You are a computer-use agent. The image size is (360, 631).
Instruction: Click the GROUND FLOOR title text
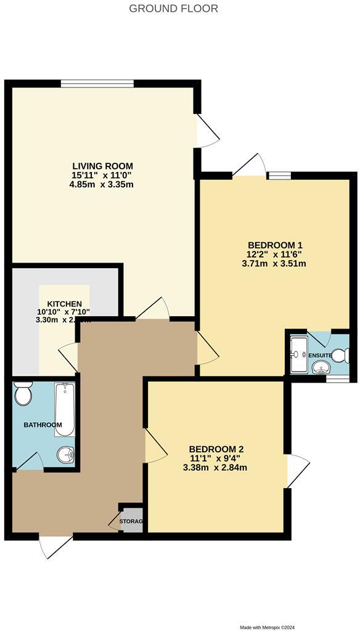(173, 9)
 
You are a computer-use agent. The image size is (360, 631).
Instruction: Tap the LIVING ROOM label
(102, 166)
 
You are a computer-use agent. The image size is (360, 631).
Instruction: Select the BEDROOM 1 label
(275, 245)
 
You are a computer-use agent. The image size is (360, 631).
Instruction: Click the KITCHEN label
(65, 304)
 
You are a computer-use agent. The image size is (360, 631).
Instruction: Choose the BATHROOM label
(43, 425)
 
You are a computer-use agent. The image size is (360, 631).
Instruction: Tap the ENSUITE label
(320, 356)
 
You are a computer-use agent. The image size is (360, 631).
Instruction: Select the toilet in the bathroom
(23, 394)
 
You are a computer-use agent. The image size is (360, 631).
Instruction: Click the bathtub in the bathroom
(65, 409)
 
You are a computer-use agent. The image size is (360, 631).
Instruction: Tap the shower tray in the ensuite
(298, 354)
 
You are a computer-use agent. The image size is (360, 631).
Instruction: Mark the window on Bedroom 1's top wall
(279, 176)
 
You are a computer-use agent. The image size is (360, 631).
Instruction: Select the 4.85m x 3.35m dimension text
(102, 184)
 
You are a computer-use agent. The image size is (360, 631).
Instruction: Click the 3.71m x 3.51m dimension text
(275, 263)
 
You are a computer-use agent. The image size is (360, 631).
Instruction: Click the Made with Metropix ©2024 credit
(276, 627)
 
